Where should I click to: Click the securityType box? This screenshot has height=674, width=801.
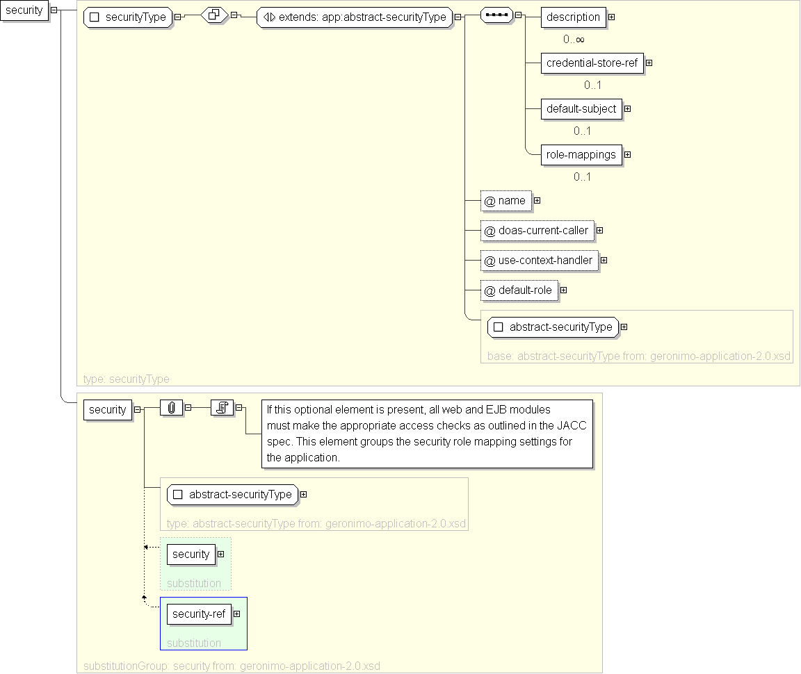[x=128, y=17]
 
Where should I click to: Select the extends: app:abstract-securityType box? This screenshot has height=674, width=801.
[x=355, y=17]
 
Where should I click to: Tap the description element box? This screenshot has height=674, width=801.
[x=573, y=17]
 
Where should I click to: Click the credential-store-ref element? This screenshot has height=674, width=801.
[x=591, y=63]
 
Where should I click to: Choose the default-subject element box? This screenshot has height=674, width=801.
[x=581, y=109]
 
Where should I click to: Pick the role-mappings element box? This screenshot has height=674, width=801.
[x=581, y=155]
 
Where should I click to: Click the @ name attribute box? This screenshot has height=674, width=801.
[x=505, y=201]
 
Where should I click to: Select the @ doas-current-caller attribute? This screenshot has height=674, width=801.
[x=537, y=231]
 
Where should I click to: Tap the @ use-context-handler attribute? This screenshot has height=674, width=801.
[x=539, y=261]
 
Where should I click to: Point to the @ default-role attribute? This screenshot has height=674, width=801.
[x=519, y=290]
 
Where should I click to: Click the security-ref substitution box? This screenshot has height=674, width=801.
[x=199, y=614]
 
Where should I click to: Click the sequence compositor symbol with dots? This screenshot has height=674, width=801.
[x=496, y=15]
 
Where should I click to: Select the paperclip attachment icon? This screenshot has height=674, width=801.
[x=171, y=409]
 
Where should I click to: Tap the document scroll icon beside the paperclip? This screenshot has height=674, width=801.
[x=222, y=409]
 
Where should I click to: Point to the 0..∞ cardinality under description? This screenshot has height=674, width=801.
[x=574, y=40]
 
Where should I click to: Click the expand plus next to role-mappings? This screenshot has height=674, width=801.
[x=627, y=155]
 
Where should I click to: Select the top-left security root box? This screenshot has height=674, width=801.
[x=24, y=10]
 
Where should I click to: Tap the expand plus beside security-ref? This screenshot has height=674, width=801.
[x=237, y=614]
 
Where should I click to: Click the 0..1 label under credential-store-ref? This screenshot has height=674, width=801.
[x=592, y=85]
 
